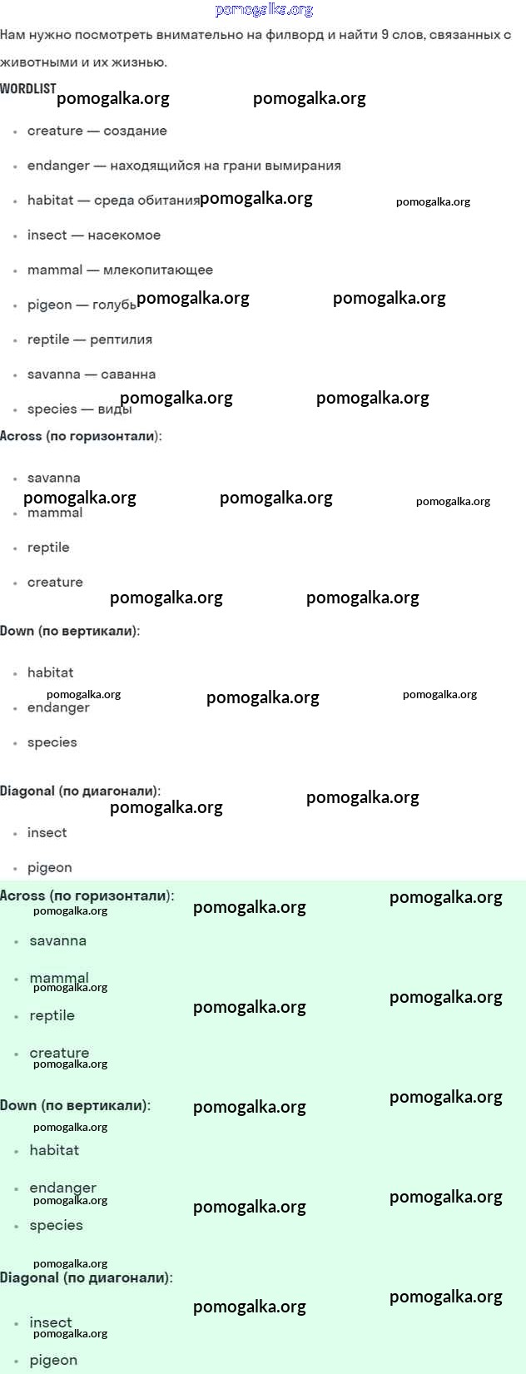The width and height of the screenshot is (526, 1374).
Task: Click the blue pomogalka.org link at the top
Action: pos(264,10)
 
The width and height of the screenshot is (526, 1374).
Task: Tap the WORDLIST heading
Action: pos(28,88)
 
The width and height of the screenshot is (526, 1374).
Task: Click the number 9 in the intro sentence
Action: pos(385,35)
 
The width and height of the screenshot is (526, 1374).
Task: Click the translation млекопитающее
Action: pos(158,270)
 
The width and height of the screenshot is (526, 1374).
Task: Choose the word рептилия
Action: pos(121,340)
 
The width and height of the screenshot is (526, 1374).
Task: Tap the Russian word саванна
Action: pos(128,375)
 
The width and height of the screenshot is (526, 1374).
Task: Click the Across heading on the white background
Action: pos(81,436)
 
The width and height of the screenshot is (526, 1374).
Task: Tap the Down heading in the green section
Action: pos(76,1104)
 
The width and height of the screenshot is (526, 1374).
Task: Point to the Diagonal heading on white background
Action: pos(81,791)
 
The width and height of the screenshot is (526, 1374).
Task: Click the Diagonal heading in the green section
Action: pos(87,1277)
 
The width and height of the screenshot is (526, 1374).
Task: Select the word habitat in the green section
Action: pos(55,1149)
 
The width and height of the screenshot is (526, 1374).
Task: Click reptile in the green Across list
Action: pos(52,1016)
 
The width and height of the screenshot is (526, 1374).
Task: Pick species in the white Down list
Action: pos(52,742)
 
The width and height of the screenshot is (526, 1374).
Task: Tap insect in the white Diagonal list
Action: pos(47,832)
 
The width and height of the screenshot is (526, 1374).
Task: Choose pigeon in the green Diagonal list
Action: pos(53,1361)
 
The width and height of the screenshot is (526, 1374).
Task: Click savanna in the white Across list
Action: pos(54,478)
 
